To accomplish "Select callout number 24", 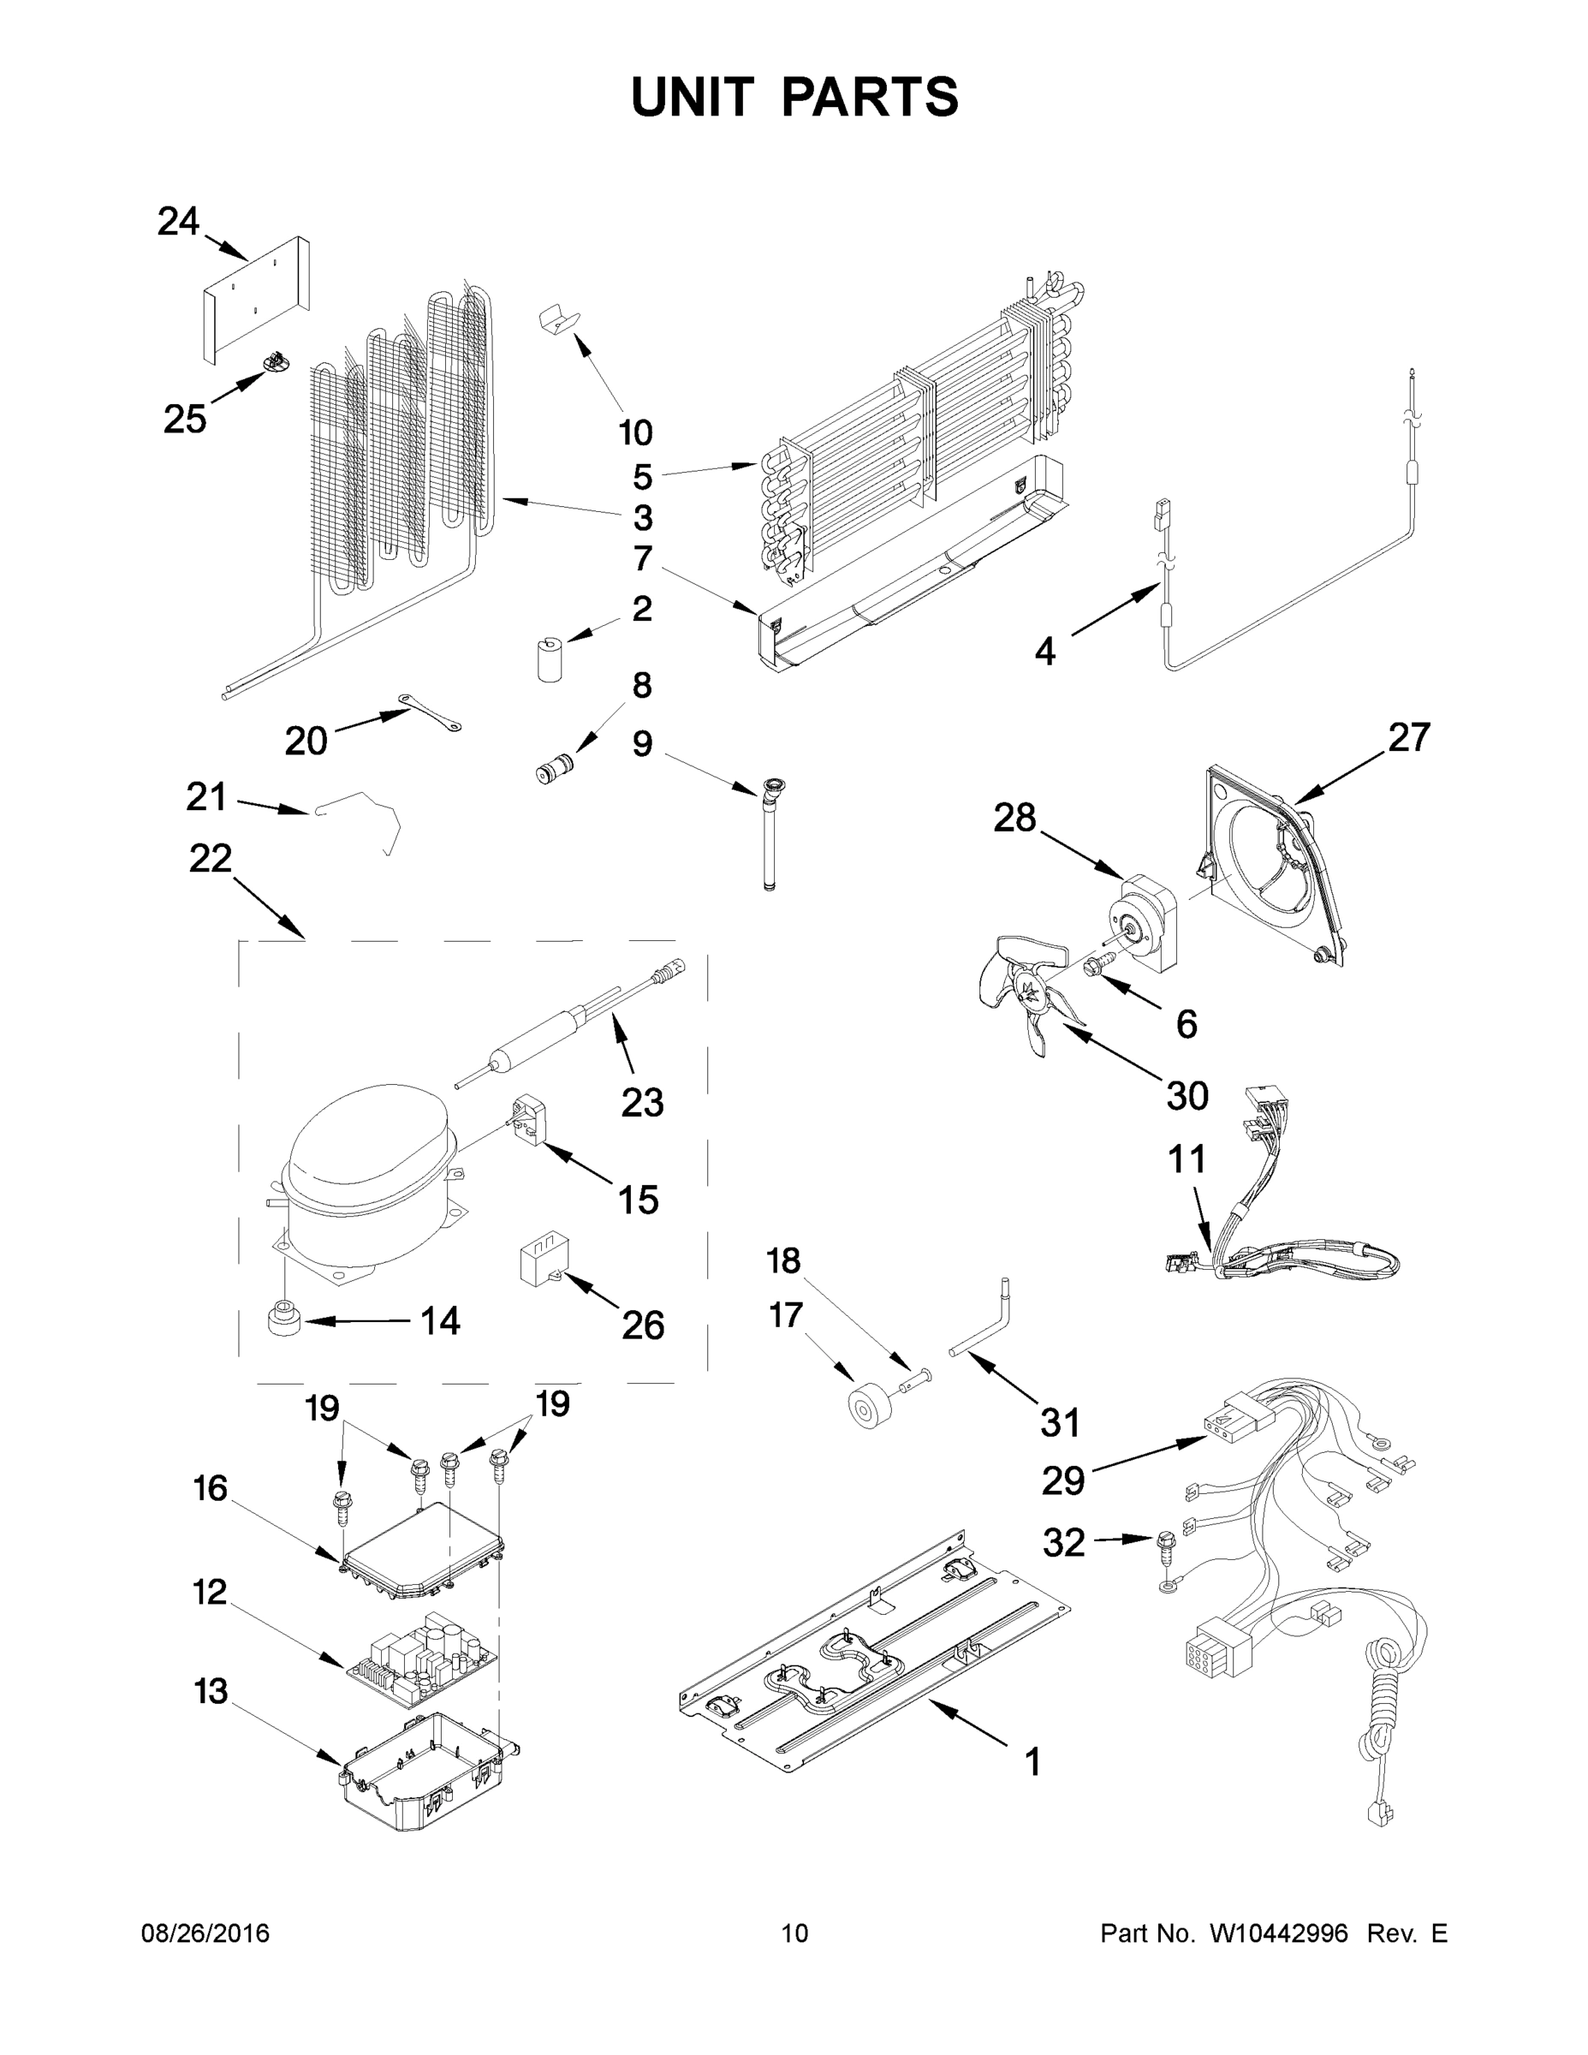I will coord(178,222).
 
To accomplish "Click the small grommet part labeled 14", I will coord(283,1319).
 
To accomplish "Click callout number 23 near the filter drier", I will coord(643,1102).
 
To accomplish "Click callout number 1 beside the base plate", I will coord(1032,1760).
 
